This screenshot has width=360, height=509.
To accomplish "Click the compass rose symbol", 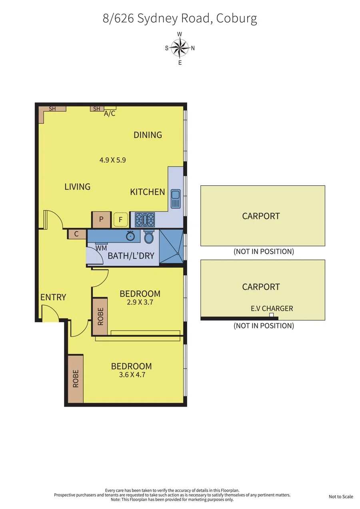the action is [x=180, y=48].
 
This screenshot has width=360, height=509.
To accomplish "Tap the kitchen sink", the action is [x=176, y=199].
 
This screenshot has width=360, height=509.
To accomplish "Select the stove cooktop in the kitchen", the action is [x=145, y=220].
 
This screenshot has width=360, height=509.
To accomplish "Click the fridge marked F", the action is [x=121, y=220].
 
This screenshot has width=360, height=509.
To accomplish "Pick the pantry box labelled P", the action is [x=101, y=220].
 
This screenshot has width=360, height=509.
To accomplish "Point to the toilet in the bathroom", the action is [x=149, y=236].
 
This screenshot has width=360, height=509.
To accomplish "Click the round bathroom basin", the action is [x=130, y=236].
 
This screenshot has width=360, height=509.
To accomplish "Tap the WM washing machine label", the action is [x=101, y=248].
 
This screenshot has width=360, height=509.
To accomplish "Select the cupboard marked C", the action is [x=76, y=234].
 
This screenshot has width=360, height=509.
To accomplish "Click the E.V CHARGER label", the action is [x=272, y=309].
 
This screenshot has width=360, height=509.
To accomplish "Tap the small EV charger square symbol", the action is [x=271, y=315].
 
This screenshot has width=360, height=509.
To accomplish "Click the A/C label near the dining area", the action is [x=110, y=113].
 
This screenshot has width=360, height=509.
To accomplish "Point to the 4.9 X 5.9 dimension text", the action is [x=113, y=160].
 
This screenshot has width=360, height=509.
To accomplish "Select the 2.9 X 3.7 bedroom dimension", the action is [x=140, y=302].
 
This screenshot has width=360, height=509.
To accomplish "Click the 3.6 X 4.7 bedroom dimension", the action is [x=132, y=375].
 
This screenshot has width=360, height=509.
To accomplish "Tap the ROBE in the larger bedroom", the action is [x=76, y=379].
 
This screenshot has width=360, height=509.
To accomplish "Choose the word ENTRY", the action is [x=53, y=297].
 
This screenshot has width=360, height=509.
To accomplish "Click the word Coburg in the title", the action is [x=236, y=19].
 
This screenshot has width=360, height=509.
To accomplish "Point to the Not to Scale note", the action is [x=341, y=497].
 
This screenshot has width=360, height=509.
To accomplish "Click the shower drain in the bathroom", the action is [x=178, y=254].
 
